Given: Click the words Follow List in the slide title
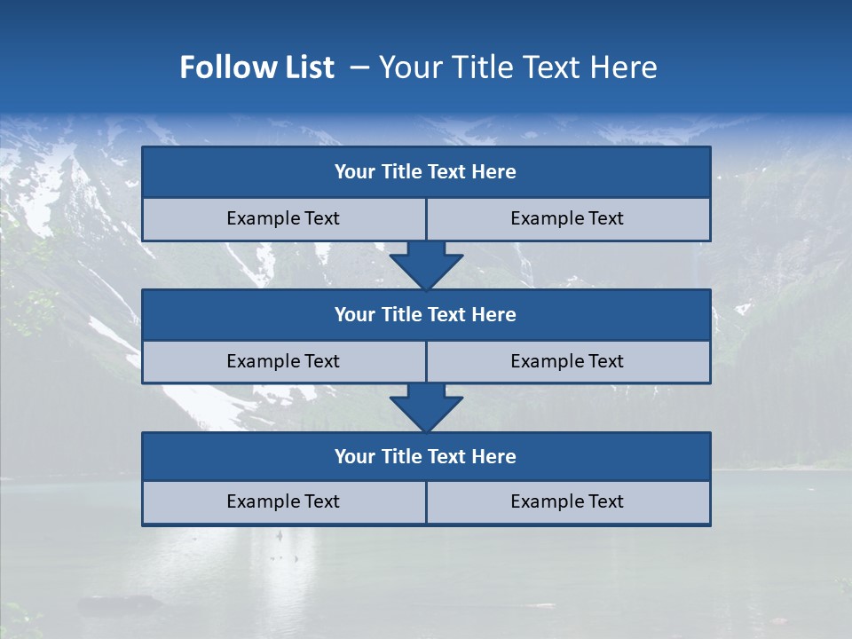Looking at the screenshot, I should (256, 67).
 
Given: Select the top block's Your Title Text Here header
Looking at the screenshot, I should (425, 172).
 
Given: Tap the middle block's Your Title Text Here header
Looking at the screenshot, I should (425, 314).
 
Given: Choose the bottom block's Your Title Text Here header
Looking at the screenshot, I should (425, 456).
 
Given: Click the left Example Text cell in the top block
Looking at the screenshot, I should (283, 218).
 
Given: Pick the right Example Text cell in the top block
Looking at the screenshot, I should (567, 218).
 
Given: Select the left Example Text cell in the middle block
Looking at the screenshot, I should (283, 361).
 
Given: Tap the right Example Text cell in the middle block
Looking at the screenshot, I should (567, 361).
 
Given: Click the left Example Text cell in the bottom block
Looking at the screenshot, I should (283, 501).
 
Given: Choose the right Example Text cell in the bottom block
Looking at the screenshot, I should (567, 501).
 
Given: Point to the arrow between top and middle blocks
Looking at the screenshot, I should (426, 264).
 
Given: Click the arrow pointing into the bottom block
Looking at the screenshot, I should (426, 407).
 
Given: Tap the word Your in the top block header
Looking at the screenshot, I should (355, 172).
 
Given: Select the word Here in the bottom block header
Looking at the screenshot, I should (494, 456).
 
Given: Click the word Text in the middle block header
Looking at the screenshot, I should (447, 314).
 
